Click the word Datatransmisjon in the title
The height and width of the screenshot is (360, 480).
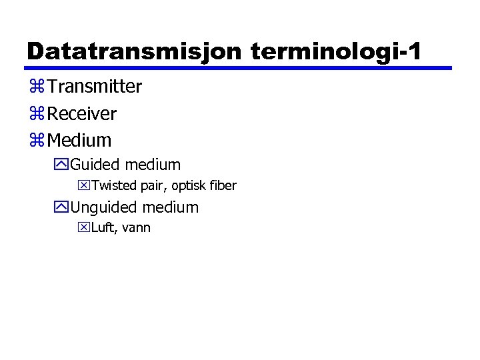(133, 51)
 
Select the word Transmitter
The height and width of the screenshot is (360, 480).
(95, 87)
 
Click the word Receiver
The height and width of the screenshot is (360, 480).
(82, 114)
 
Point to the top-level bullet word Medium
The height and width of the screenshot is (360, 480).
(79, 141)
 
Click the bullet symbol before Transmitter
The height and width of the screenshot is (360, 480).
(37, 87)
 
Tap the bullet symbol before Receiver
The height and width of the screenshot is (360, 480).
(37, 115)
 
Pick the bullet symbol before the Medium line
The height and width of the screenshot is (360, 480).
(37, 141)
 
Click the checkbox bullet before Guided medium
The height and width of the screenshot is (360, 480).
(63, 165)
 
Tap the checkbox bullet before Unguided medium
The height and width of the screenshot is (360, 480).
(63, 207)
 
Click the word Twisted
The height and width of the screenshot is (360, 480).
(112, 185)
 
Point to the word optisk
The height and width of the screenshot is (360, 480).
(182, 185)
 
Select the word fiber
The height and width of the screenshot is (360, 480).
(222, 185)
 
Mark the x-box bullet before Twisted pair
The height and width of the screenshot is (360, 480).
(83, 185)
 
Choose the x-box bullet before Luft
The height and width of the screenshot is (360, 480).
(83, 228)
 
